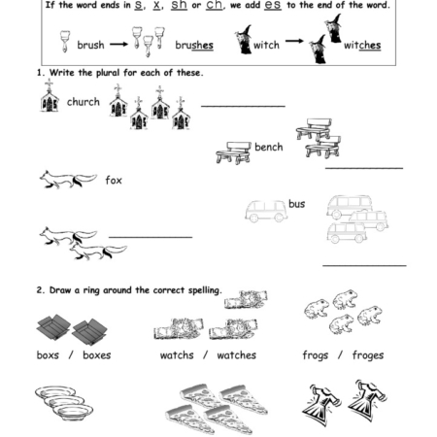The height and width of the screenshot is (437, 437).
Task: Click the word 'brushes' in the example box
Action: tap(194, 45)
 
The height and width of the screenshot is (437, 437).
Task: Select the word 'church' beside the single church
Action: tap(83, 101)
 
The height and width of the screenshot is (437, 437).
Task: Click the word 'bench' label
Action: tap(268, 147)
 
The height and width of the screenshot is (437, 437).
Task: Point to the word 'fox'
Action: tap(114, 180)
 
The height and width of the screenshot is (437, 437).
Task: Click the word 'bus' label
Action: tap(296, 204)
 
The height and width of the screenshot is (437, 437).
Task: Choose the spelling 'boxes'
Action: tap(96, 355)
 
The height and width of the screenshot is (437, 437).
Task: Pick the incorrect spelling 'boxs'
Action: tap(48, 355)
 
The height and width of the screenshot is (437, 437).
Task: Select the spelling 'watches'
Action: tap(236, 355)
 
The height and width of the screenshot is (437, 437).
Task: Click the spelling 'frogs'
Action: tap(317, 355)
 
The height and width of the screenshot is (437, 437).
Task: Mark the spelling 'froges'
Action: tap(368, 355)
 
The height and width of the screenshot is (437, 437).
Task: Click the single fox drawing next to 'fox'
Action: tap(67, 178)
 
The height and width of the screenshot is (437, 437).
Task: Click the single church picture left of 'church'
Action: tap(50, 97)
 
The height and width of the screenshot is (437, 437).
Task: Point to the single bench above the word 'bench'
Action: tap(232, 151)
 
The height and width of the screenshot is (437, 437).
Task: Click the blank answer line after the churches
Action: tap(243, 105)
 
